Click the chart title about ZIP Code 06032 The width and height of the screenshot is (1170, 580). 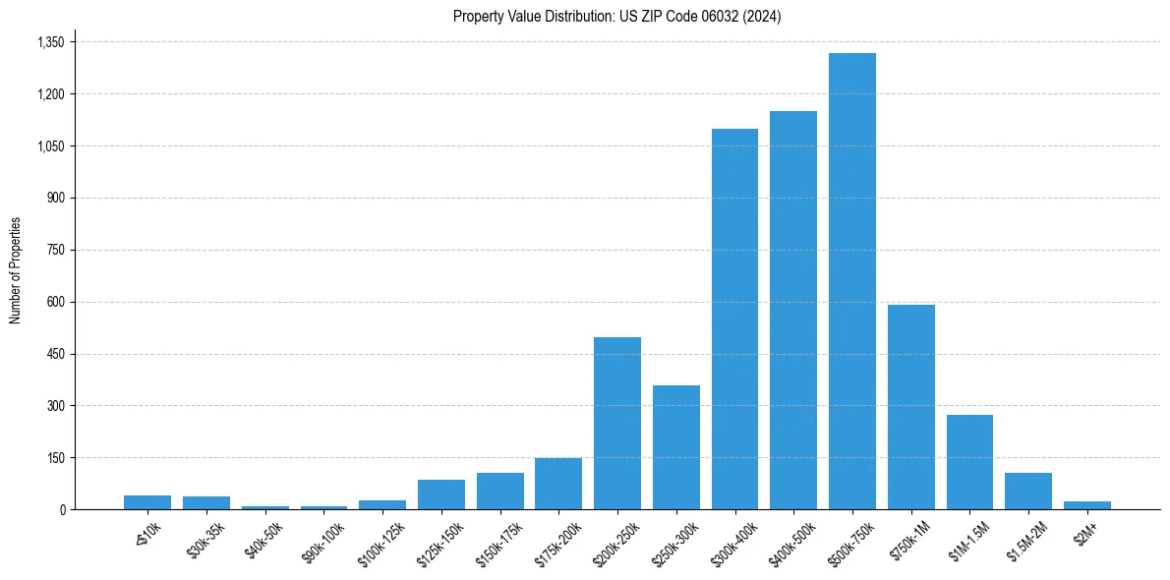[616, 17]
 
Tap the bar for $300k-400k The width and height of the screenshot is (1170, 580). [734, 319]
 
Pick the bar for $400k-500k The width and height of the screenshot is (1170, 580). [793, 311]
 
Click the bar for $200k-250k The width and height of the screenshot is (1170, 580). [617, 424]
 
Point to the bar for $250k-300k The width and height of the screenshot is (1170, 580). [676, 447]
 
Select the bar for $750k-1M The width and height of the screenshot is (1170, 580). [910, 407]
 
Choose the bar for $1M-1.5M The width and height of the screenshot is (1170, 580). [969, 462]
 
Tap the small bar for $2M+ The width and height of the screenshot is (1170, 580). [1086, 505]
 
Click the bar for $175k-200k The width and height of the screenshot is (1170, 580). [558, 484]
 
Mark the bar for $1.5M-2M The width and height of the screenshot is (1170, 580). [1028, 492]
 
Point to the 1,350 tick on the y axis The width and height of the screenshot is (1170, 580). [50, 42]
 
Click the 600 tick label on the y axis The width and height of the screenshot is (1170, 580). [55, 302]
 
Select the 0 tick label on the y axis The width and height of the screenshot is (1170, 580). [61, 509]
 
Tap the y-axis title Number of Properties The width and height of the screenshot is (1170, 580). [16, 270]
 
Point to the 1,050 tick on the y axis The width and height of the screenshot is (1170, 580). [50, 146]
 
